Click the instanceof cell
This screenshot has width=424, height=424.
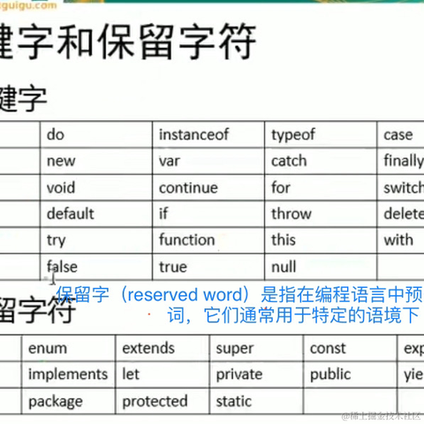(193, 135)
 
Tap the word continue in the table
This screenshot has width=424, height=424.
(187, 187)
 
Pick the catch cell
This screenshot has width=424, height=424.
(289, 161)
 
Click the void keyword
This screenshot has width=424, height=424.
(61, 187)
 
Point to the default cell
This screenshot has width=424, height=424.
(70, 214)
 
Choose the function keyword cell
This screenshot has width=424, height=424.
(186, 240)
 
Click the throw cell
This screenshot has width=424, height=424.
(291, 214)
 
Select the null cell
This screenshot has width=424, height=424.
(284, 267)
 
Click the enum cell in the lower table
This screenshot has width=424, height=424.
(47, 348)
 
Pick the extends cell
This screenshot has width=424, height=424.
(148, 348)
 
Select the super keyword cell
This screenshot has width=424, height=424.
(234, 348)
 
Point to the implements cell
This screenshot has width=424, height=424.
(68, 375)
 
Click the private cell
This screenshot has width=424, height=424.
(238, 375)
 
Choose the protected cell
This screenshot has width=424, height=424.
(155, 401)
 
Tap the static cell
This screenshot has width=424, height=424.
(233, 401)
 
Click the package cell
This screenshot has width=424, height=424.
(55, 401)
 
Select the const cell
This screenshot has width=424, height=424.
(328, 348)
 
